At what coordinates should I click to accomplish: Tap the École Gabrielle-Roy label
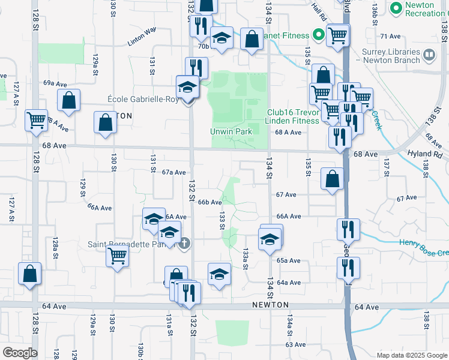pos(142,99)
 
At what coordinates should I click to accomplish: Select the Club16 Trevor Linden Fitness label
pos(293,116)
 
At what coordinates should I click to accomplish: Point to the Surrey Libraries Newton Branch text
pos(391,56)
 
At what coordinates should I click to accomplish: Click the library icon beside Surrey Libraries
pos(429,56)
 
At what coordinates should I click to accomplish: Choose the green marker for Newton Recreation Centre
pos(396,8)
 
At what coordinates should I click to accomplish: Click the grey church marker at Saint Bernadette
pos(185,243)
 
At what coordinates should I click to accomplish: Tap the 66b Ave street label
pos(210,202)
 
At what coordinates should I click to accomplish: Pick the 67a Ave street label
pos(174,172)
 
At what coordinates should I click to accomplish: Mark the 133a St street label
pos(246,259)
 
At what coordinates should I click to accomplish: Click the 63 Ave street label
pos(296,344)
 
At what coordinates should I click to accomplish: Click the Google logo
pos(19,353)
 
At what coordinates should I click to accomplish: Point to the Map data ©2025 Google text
pos(411,355)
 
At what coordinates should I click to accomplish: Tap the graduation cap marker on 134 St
pos(270,239)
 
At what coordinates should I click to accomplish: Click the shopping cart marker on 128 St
pos(36,120)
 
